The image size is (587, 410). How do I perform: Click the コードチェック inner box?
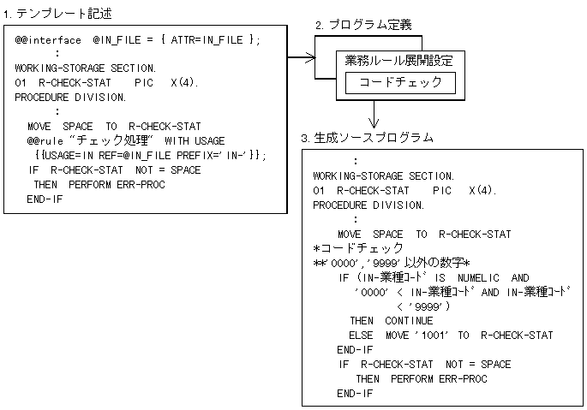[400, 83]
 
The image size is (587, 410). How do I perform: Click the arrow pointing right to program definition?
[302, 58]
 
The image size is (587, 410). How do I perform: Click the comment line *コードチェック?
[357, 247]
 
